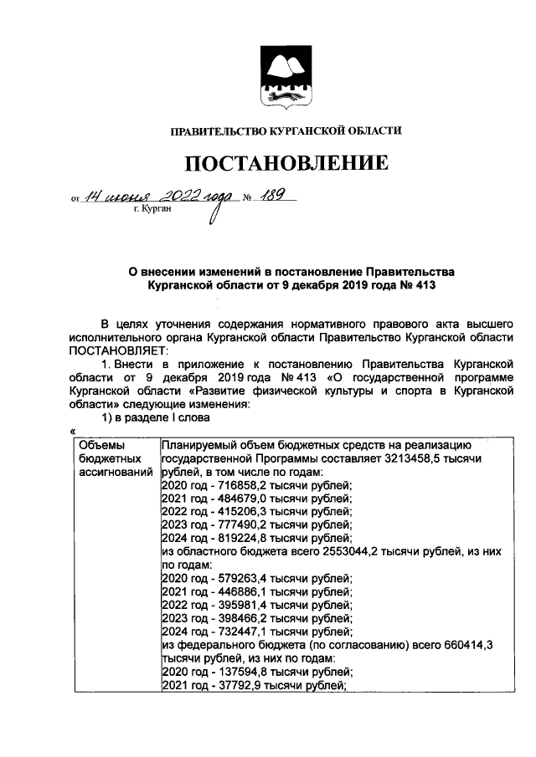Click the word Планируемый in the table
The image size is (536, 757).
[198, 446]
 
